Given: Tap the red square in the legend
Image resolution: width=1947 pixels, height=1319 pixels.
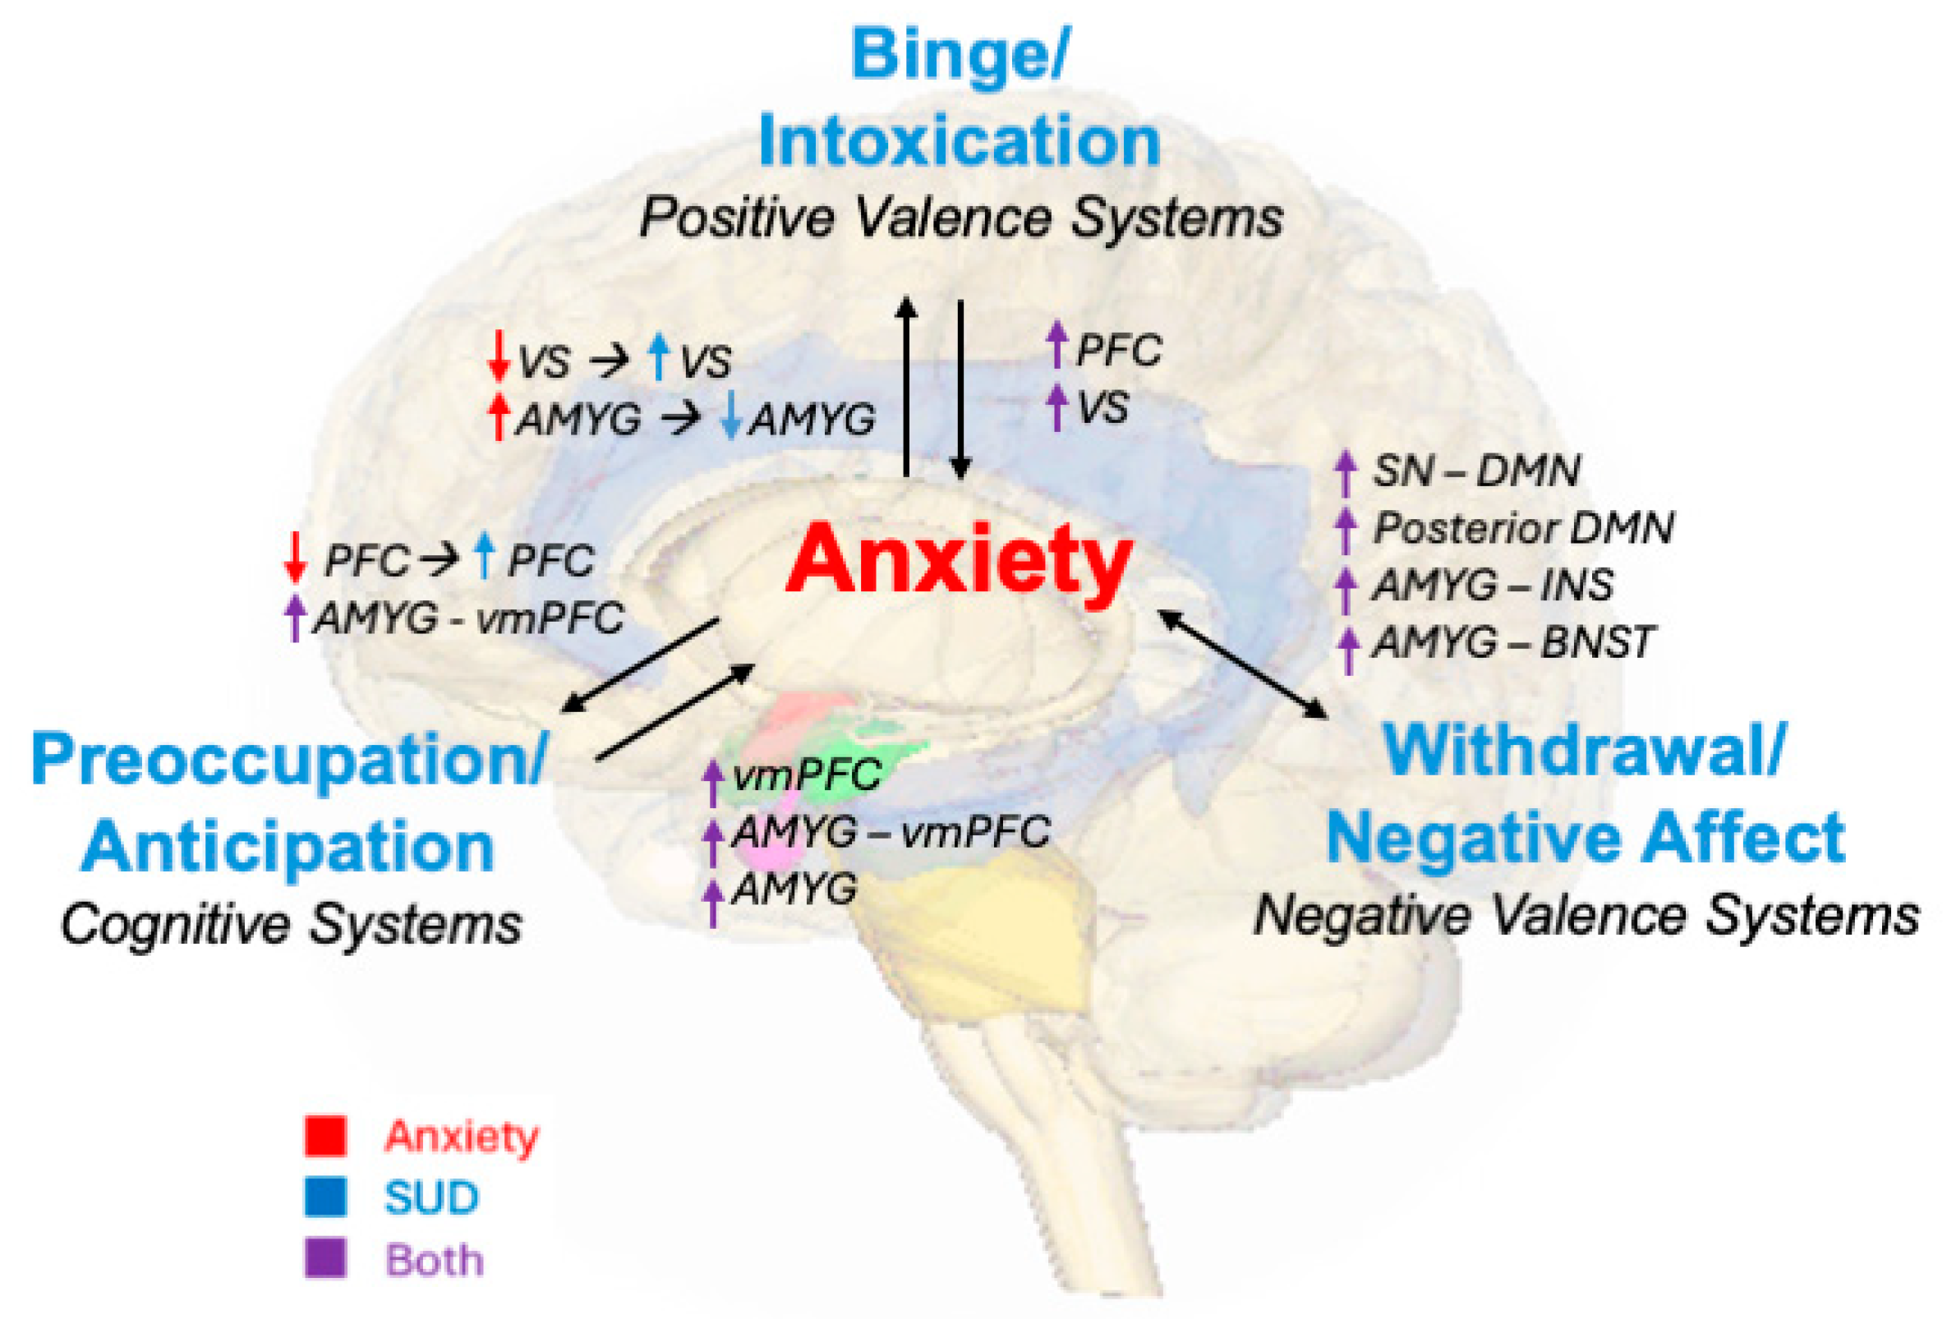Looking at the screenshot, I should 325,1137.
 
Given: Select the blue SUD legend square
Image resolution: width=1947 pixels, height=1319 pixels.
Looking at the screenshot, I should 325,1197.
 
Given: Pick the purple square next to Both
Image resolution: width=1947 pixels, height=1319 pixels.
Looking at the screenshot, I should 325,1258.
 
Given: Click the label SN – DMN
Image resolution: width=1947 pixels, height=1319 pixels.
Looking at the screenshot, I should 1475,471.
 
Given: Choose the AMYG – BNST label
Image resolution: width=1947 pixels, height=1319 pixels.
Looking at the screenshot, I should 1512,643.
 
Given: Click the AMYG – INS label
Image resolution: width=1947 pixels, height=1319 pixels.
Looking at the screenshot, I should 1492,586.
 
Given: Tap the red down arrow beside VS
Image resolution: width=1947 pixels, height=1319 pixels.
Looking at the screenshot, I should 499,356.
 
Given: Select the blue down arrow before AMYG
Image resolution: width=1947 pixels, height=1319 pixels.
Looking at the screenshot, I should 731,417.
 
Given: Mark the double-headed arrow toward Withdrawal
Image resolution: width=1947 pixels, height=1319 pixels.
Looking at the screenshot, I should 1243,664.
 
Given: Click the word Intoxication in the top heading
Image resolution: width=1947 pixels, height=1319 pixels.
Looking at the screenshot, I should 960,142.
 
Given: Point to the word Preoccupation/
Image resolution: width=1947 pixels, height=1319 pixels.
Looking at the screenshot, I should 289,759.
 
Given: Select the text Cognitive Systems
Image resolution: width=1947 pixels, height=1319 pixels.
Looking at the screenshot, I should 292,925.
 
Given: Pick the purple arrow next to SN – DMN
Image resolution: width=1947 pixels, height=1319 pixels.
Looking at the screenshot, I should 1345,472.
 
